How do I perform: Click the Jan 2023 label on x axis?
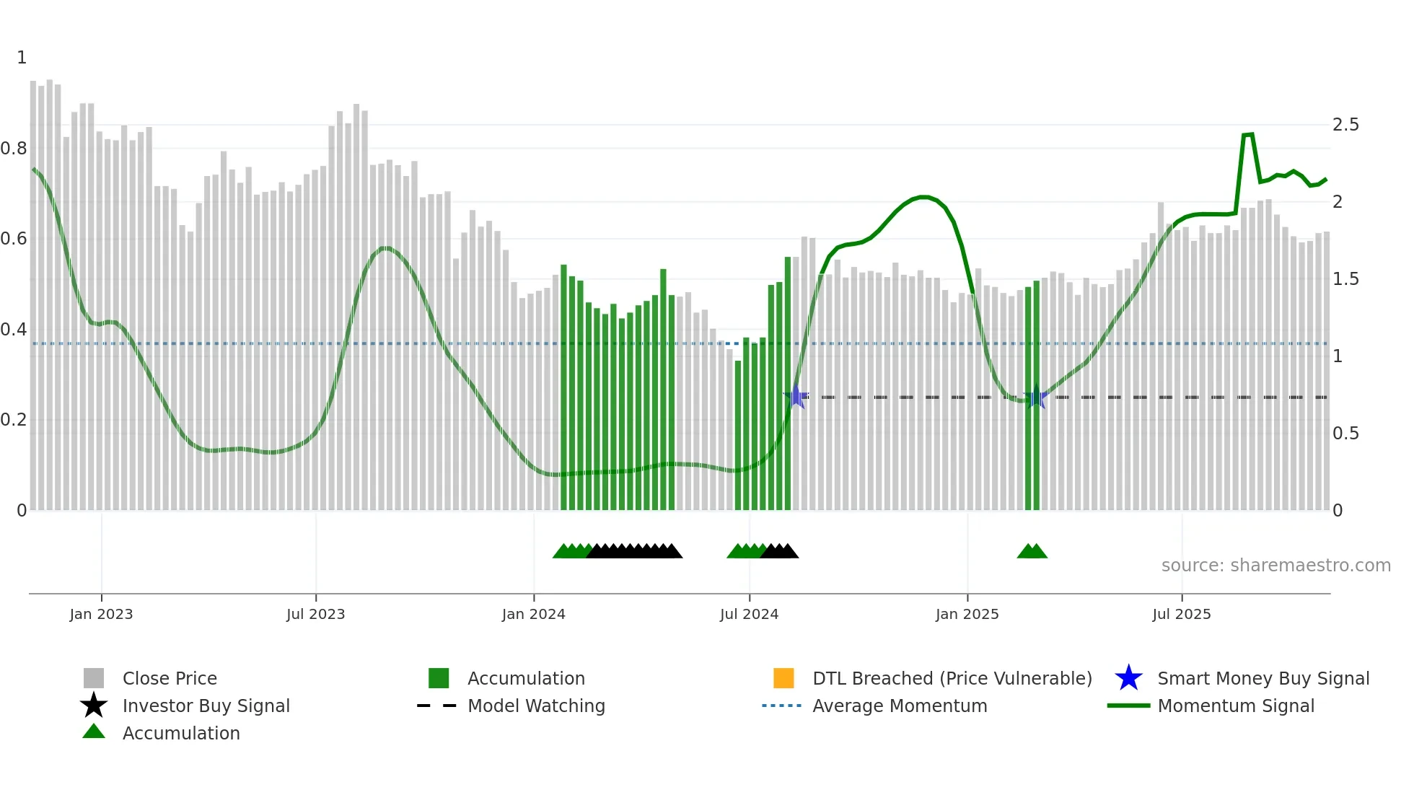coord(101,614)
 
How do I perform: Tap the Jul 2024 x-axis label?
coord(749,614)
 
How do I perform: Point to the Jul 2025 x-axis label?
coord(1181,614)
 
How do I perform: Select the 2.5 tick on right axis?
coord(1345,125)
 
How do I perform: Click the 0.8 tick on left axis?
coord(14,149)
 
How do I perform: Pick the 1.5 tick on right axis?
coord(1345,279)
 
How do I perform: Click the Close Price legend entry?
coord(170,678)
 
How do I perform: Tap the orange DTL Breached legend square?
coord(783,678)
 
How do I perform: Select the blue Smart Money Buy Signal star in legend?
coord(1128,678)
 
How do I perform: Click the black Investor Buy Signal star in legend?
coord(94,706)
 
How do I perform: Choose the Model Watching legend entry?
coord(536,706)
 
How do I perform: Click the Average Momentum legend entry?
coord(899,706)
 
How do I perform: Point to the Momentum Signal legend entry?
coord(1235,706)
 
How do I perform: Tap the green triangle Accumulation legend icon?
coord(94,732)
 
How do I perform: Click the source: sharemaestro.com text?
coord(1275,565)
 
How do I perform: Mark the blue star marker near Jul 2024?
coord(796,396)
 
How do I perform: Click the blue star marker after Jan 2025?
coord(1036,397)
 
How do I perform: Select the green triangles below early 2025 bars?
coord(1032,551)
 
